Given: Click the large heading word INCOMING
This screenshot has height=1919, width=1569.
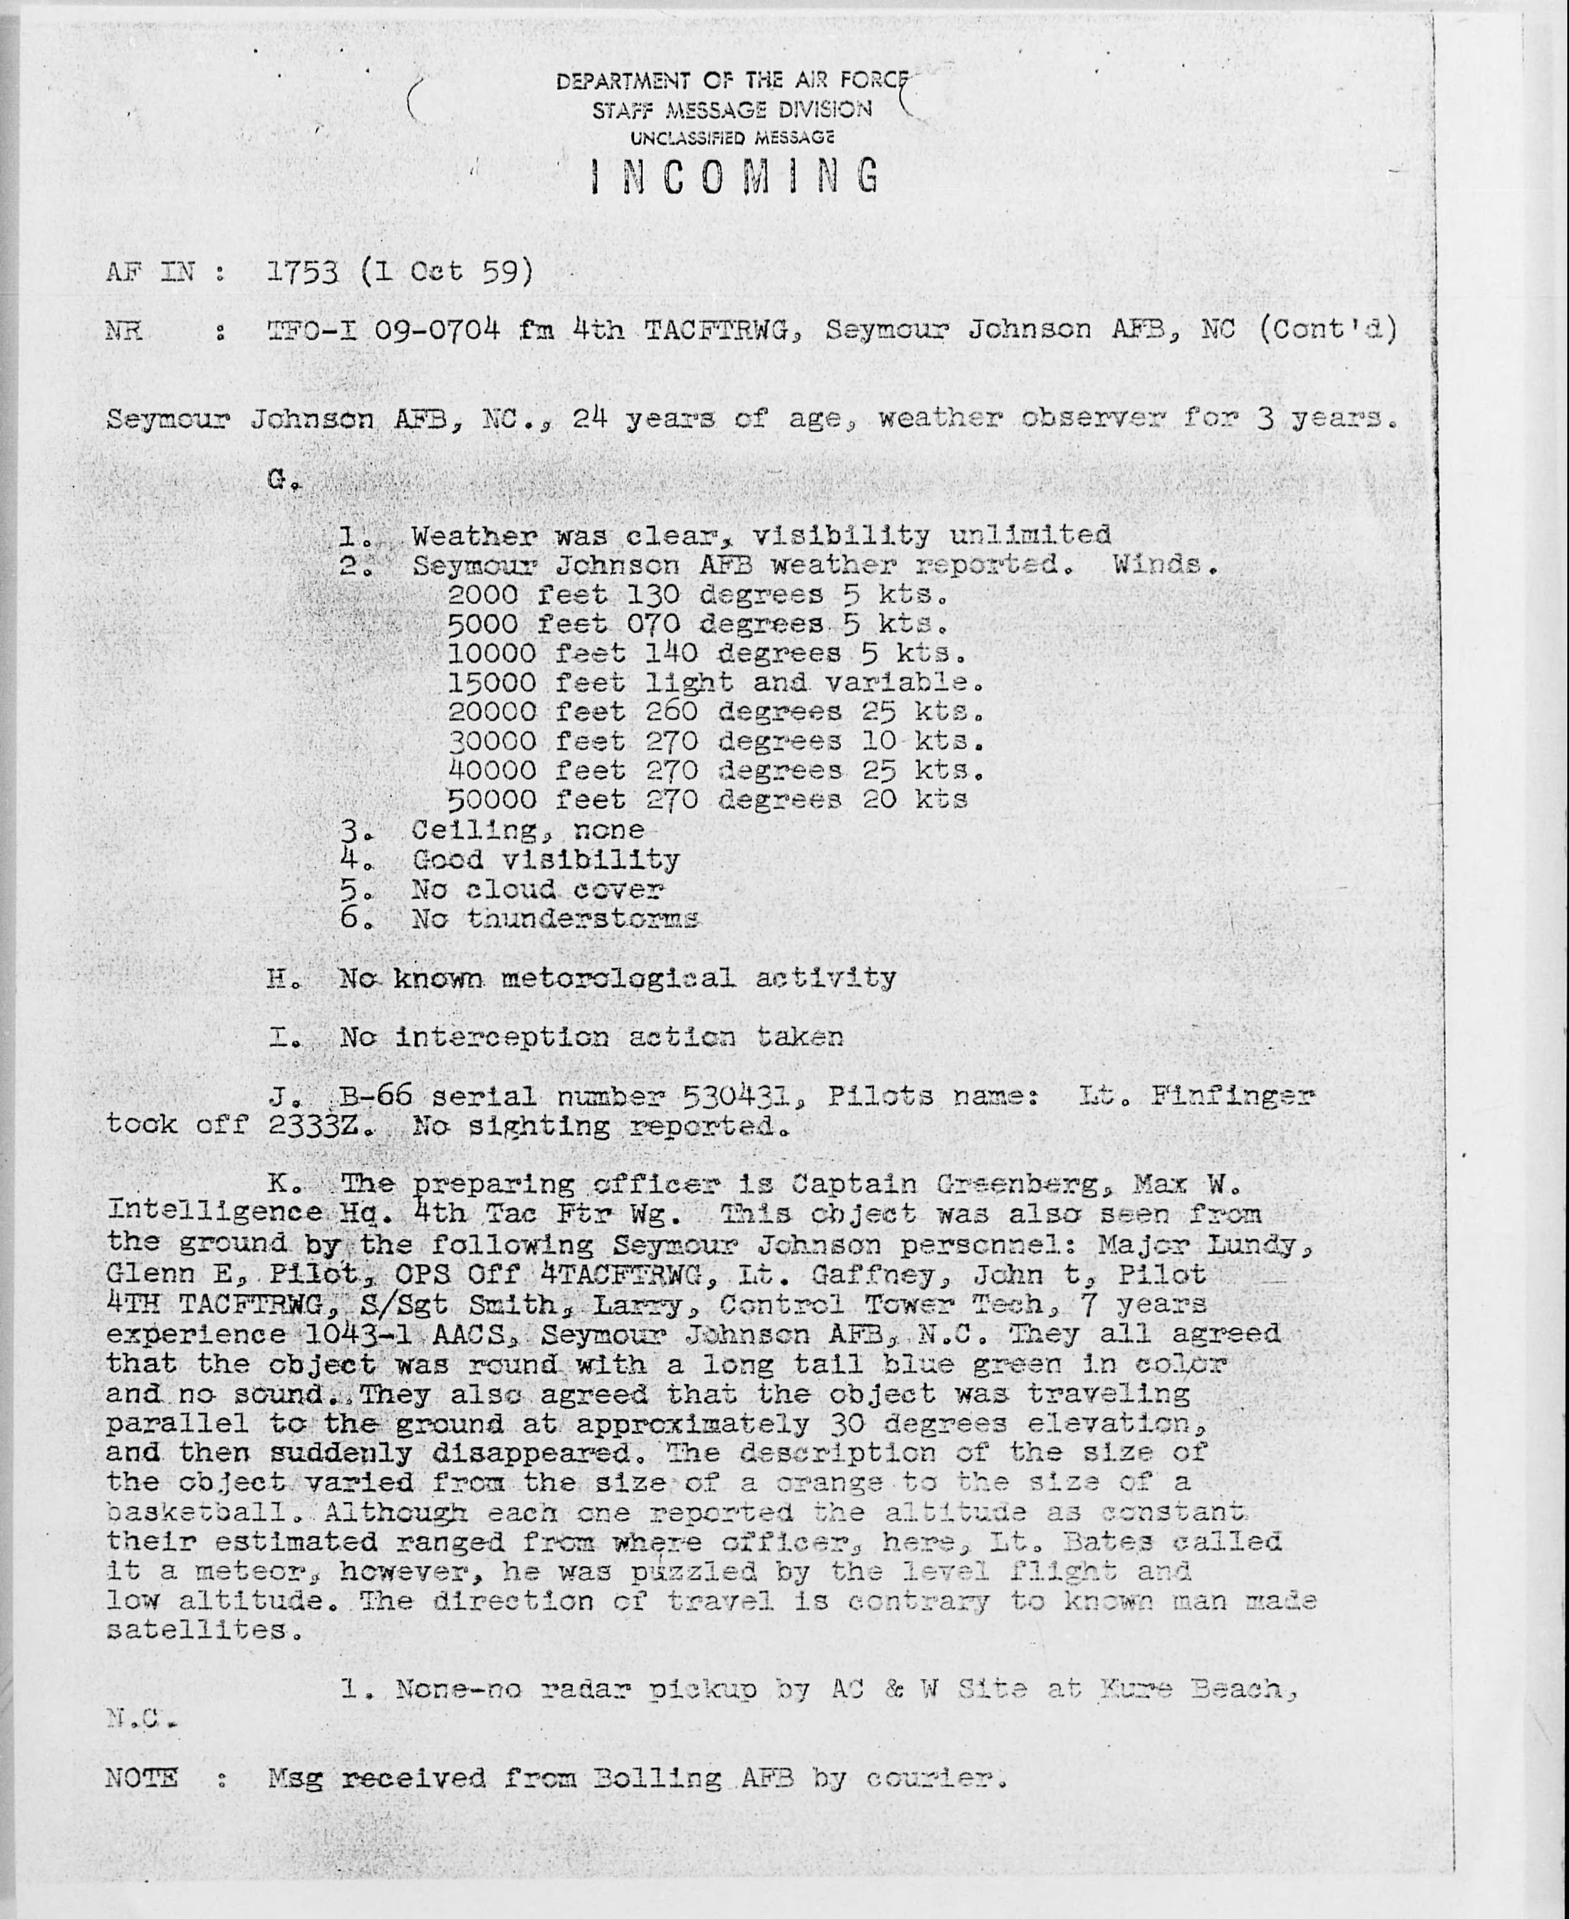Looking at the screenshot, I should point(734,177).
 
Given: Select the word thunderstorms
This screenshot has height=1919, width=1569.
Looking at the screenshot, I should point(583,919).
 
